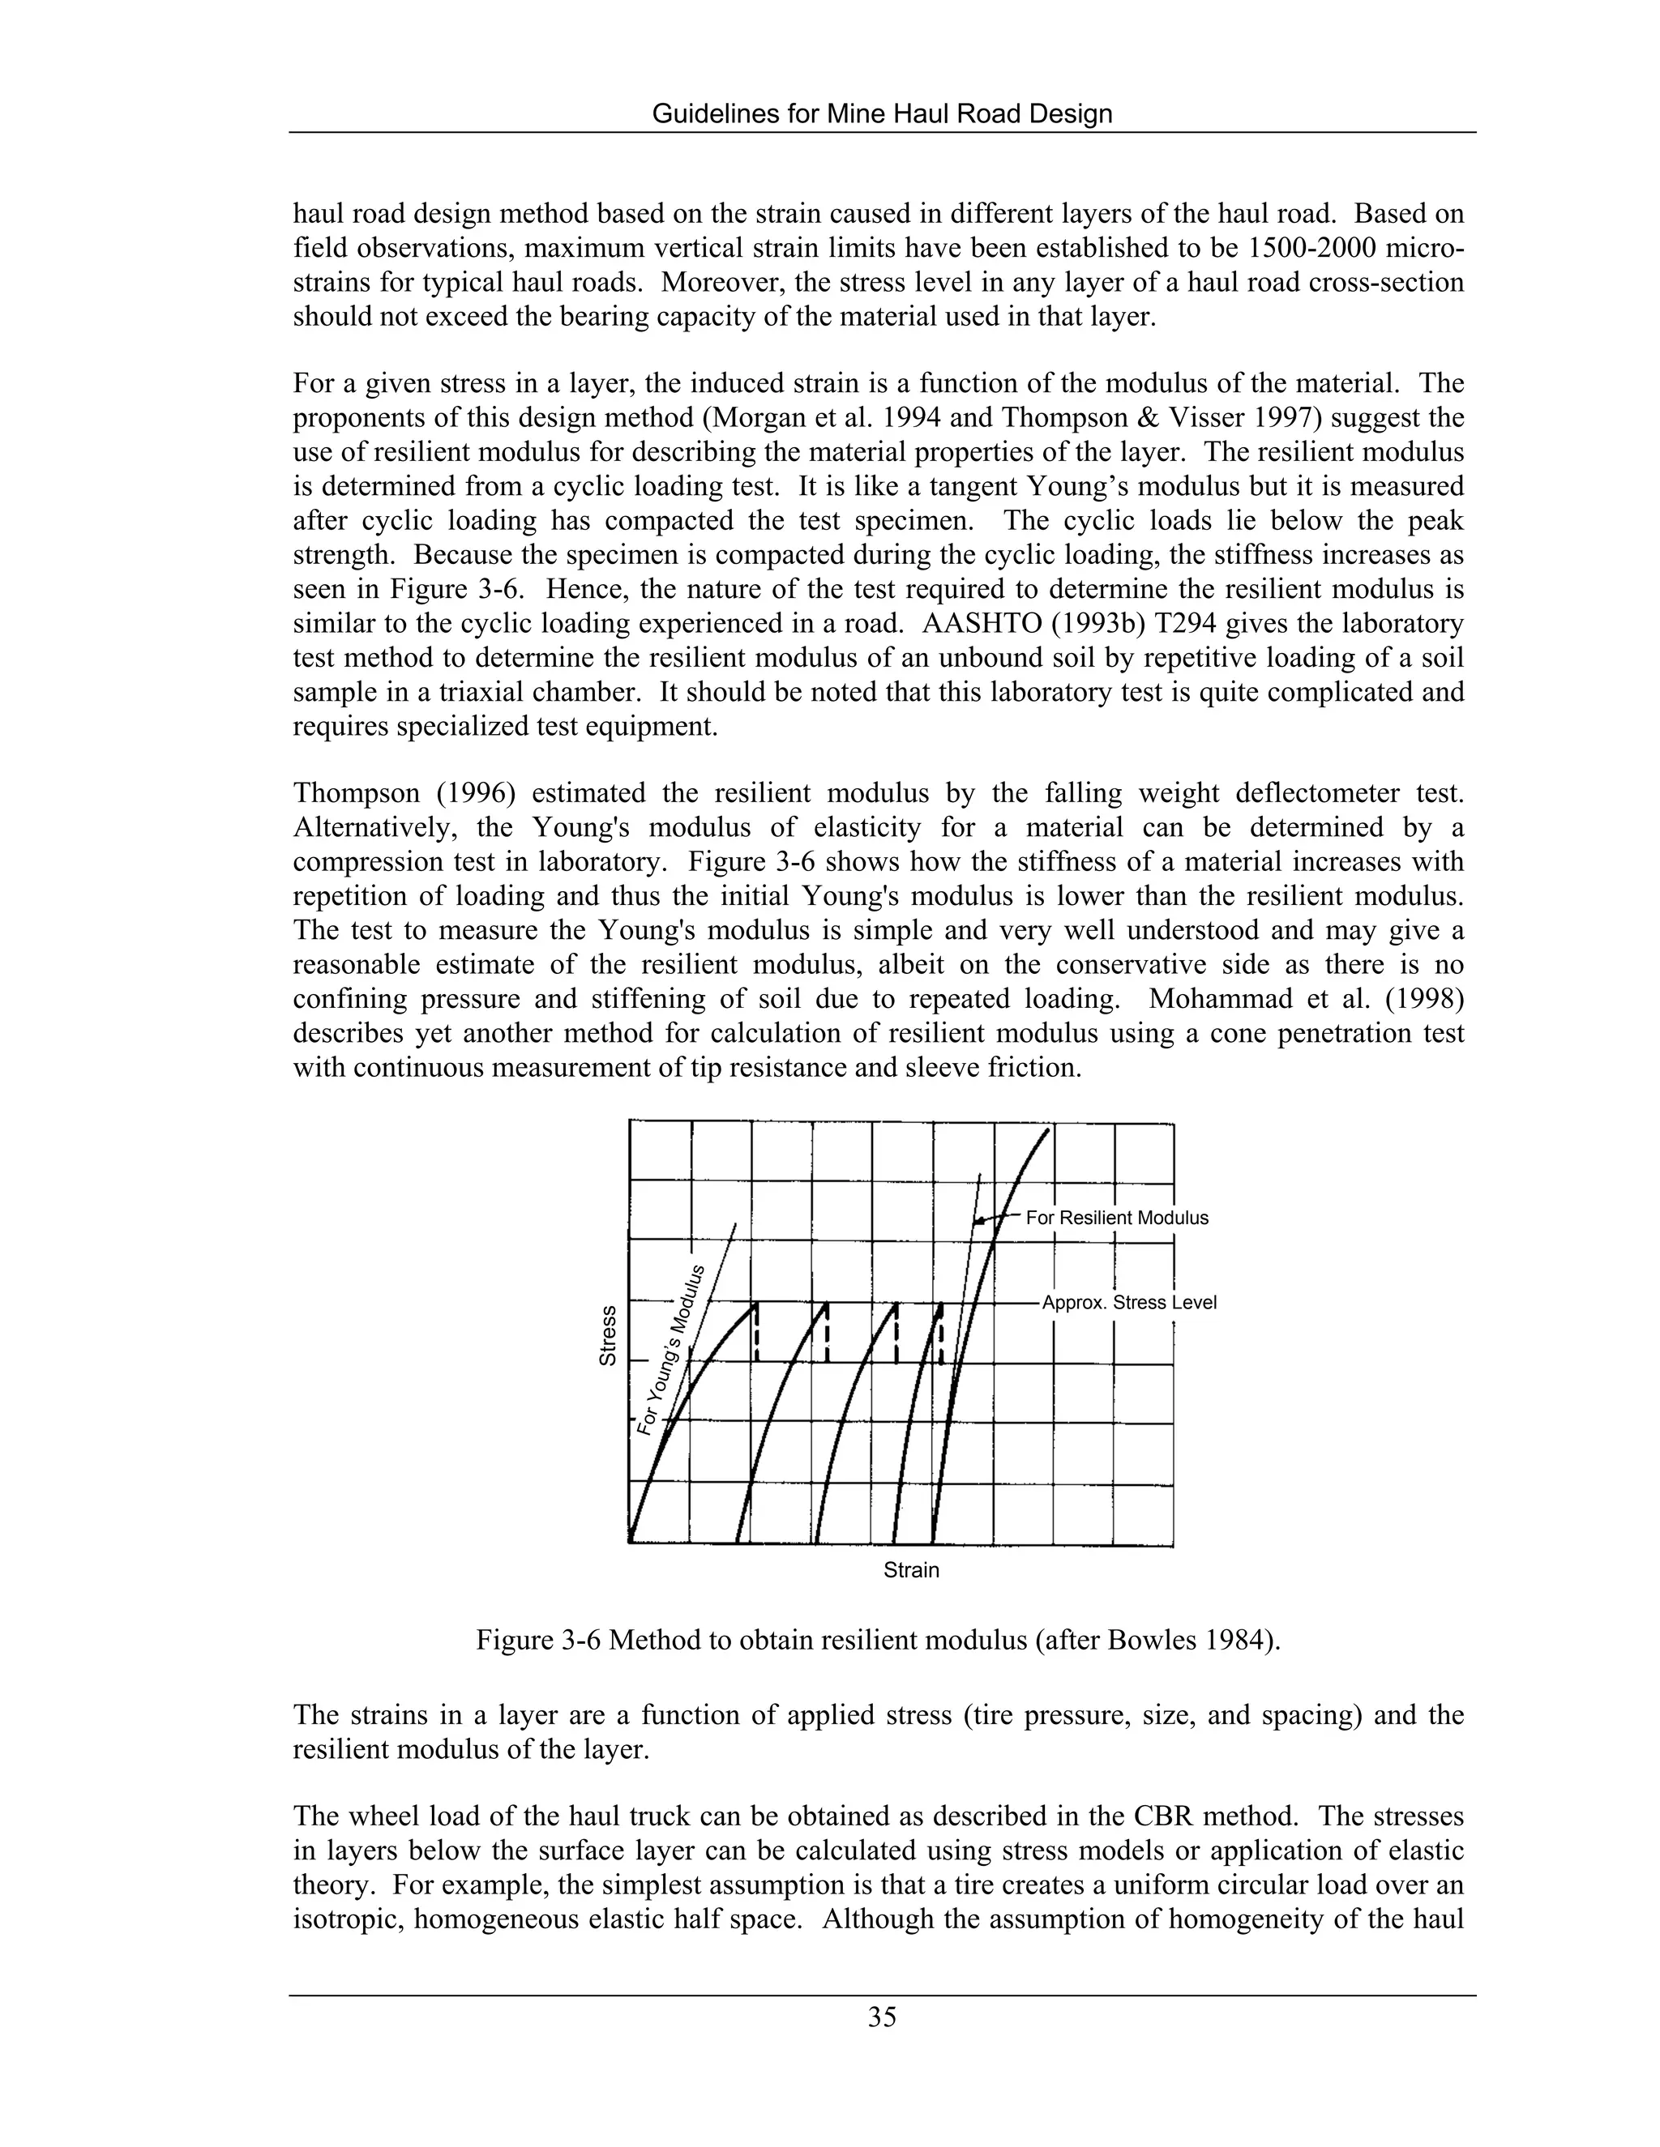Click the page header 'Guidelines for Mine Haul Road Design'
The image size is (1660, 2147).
pyautogui.click(x=882, y=114)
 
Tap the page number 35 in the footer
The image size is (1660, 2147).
pyautogui.click(x=882, y=2017)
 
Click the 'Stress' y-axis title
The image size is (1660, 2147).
pyautogui.click(x=608, y=1334)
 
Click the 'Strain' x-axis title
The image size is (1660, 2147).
pyautogui.click(x=910, y=1570)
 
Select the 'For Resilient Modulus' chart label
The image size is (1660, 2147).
pyautogui.click(x=1116, y=1218)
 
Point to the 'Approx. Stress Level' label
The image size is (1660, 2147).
pyautogui.click(x=1129, y=1303)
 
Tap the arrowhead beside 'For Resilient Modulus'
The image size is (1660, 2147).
pyautogui.click(x=978, y=1222)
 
